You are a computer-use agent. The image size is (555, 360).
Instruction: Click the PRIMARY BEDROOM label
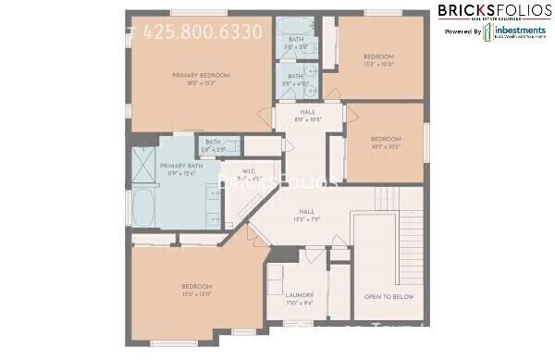(201, 75)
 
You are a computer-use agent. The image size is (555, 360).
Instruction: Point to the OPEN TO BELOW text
(388, 297)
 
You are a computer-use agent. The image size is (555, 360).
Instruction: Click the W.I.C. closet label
(248, 171)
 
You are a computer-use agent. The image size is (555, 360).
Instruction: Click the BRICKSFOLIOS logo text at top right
(491, 11)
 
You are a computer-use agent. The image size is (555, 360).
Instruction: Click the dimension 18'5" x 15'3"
(201, 83)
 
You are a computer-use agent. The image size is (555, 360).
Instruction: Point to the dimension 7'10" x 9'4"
(300, 303)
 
